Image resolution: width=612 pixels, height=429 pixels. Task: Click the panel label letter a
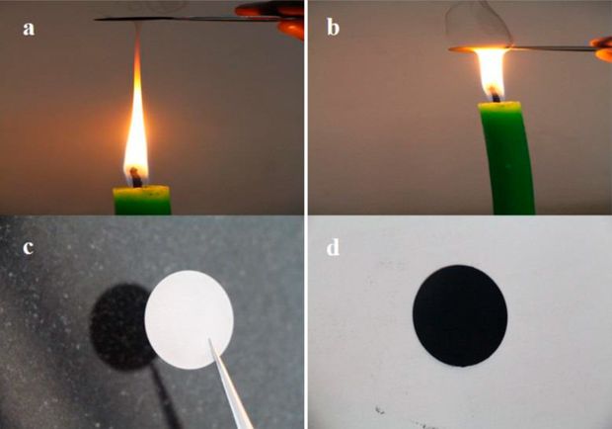tap(29, 29)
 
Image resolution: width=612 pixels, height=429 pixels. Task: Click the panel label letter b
tap(333, 27)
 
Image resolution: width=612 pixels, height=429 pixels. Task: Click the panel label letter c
tap(28, 248)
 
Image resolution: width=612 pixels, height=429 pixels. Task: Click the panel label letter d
tap(333, 247)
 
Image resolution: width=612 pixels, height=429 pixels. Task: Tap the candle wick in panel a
tap(136, 177)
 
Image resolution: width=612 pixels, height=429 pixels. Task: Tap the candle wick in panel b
tap(496, 94)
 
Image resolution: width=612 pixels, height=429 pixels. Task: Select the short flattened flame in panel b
tap(491, 73)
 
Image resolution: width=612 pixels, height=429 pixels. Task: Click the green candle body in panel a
tap(142, 200)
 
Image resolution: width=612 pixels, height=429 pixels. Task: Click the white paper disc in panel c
tap(189, 319)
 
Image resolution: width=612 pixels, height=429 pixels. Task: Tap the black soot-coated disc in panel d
tap(460, 315)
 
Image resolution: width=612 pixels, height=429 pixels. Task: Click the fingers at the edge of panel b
tap(601, 49)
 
